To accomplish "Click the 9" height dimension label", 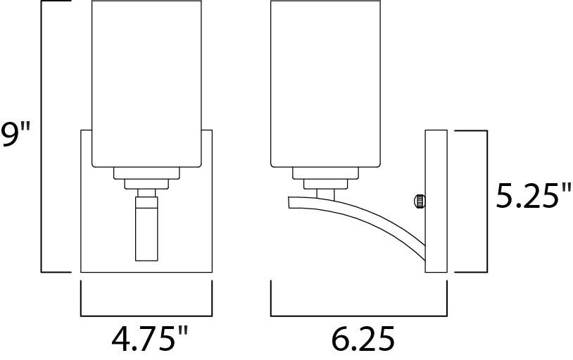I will [15, 135].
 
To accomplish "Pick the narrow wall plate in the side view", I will [436, 201].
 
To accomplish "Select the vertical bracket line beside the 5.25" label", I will [486, 201].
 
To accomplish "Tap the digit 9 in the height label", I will [10, 135].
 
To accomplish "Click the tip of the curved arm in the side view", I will [289, 202].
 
